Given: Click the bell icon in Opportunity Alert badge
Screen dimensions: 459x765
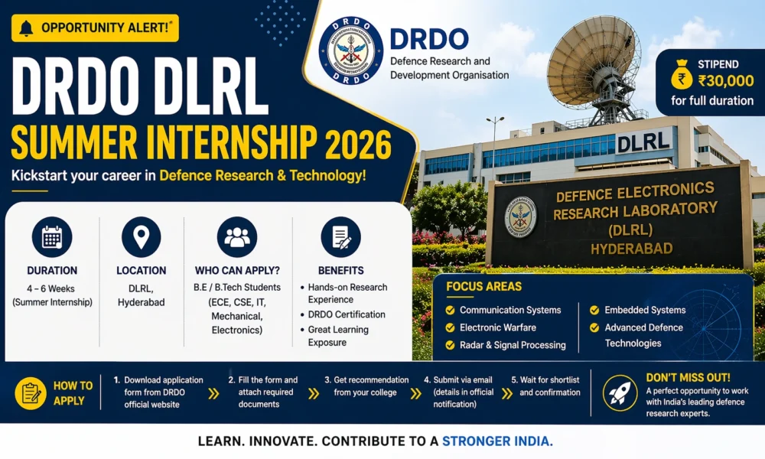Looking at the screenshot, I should [x=26, y=28].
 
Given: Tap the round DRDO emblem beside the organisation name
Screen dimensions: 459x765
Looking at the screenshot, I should [x=350, y=50].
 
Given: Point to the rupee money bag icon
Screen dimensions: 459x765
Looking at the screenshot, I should [x=680, y=80].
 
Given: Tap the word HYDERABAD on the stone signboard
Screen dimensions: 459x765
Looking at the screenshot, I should [x=632, y=247].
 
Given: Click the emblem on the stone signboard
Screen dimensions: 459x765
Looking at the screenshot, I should [x=520, y=216].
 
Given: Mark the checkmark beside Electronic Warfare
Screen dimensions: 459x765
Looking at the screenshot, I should [x=449, y=327].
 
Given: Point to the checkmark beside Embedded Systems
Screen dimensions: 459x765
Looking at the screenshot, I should [x=594, y=310].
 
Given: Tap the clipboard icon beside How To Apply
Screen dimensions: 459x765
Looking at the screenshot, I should [x=31, y=393].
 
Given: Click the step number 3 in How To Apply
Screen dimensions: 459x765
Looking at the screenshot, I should [x=327, y=379].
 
